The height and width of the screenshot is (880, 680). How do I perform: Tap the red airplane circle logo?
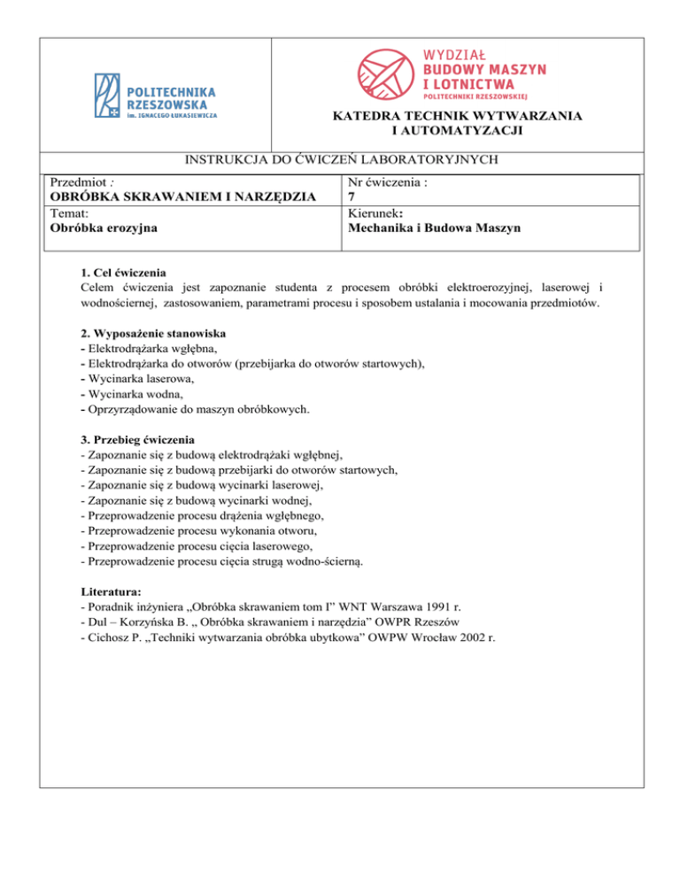point(386,72)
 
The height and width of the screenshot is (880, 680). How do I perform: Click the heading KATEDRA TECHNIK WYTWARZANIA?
point(457,116)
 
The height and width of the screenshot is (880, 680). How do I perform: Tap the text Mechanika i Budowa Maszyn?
point(433,228)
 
